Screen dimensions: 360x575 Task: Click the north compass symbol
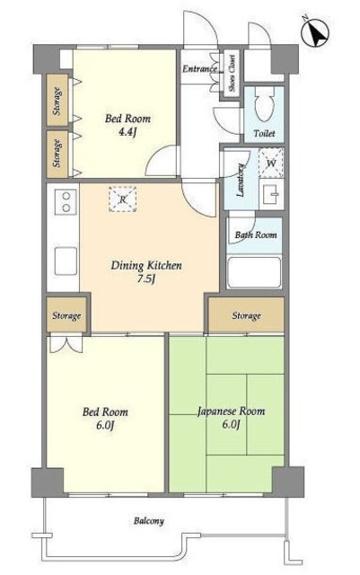[314, 32]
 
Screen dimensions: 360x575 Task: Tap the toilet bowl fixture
[264, 104]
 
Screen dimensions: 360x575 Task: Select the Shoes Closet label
[232, 74]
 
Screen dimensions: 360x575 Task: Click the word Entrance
[200, 68]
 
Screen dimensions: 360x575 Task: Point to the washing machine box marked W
[271, 163]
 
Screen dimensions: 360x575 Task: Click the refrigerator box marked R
[123, 199]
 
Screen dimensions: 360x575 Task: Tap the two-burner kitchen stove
[66, 201]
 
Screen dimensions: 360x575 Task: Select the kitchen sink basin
[66, 261]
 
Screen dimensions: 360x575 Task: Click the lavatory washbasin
[271, 194]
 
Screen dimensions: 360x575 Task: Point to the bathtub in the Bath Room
[254, 272]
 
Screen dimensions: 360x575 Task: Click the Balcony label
[148, 521]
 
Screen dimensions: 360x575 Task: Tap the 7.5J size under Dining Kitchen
[146, 279]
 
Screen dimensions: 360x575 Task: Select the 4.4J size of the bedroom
[127, 132]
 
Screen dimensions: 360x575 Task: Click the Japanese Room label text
[231, 411]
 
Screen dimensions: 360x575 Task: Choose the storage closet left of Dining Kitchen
[66, 315]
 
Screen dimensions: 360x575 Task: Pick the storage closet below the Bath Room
[246, 315]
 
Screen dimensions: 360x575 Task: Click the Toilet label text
[264, 133]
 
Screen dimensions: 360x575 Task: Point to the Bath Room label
[256, 234]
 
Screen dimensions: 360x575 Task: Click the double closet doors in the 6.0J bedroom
[66, 345]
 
